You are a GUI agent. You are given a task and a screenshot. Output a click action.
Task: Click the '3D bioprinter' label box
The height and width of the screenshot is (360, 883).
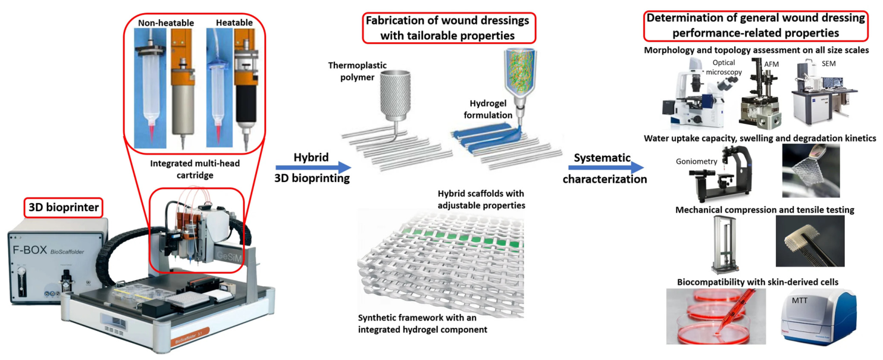coord(64,208)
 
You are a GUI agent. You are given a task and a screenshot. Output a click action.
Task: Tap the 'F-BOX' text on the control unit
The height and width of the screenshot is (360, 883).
coord(30,250)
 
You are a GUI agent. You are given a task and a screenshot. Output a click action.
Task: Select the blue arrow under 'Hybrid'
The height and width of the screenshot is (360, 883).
coord(313,168)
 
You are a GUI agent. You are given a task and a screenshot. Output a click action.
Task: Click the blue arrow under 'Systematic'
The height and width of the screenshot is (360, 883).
coord(606,168)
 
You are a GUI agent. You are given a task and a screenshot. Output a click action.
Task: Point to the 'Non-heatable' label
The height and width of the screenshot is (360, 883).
coord(166,23)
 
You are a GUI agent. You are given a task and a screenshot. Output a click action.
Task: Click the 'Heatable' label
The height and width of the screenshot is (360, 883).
coord(234,23)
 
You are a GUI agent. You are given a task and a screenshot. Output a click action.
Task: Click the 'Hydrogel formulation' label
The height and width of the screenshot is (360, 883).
coord(488,109)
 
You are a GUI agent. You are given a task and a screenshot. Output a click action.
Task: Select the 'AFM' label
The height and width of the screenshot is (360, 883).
coord(772,64)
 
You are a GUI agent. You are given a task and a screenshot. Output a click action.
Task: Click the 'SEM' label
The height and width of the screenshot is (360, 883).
coord(829,64)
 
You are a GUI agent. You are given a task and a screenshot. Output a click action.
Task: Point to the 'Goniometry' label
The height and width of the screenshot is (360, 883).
coord(697,161)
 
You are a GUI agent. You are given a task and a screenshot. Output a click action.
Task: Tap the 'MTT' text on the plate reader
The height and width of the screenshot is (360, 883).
coord(800,300)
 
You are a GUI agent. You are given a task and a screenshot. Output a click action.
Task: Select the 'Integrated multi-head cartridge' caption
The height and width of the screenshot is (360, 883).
coord(195,169)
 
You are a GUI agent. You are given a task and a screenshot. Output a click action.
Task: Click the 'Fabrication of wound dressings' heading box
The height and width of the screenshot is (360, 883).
coord(449,27)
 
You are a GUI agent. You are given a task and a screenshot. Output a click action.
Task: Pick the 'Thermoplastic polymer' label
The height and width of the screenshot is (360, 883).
coord(357,71)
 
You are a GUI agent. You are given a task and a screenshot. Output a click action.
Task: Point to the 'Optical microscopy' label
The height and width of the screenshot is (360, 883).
coord(724,67)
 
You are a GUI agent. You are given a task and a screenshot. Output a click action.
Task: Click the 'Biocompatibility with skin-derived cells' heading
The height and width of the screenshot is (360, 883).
coord(757,282)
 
